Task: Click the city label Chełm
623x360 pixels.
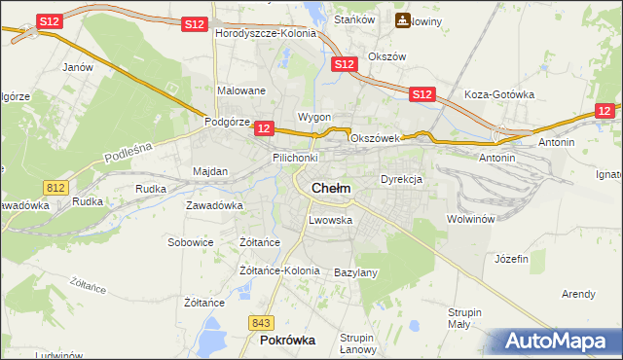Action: click(x=331, y=188)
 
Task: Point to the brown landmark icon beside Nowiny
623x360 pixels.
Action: click(x=401, y=20)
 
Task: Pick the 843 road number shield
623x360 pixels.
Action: click(x=259, y=322)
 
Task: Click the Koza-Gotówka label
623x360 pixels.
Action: click(x=499, y=94)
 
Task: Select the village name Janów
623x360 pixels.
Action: click(x=77, y=67)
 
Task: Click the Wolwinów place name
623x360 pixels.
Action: click(x=472, y=219)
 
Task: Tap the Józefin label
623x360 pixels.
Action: click(x=511, y=259)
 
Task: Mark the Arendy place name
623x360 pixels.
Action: click(x=578, y=293)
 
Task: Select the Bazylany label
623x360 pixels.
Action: click(x=355, y=272)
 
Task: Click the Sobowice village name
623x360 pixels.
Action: click(x=191, y=242)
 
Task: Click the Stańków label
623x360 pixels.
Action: click(x=354, y=19)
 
